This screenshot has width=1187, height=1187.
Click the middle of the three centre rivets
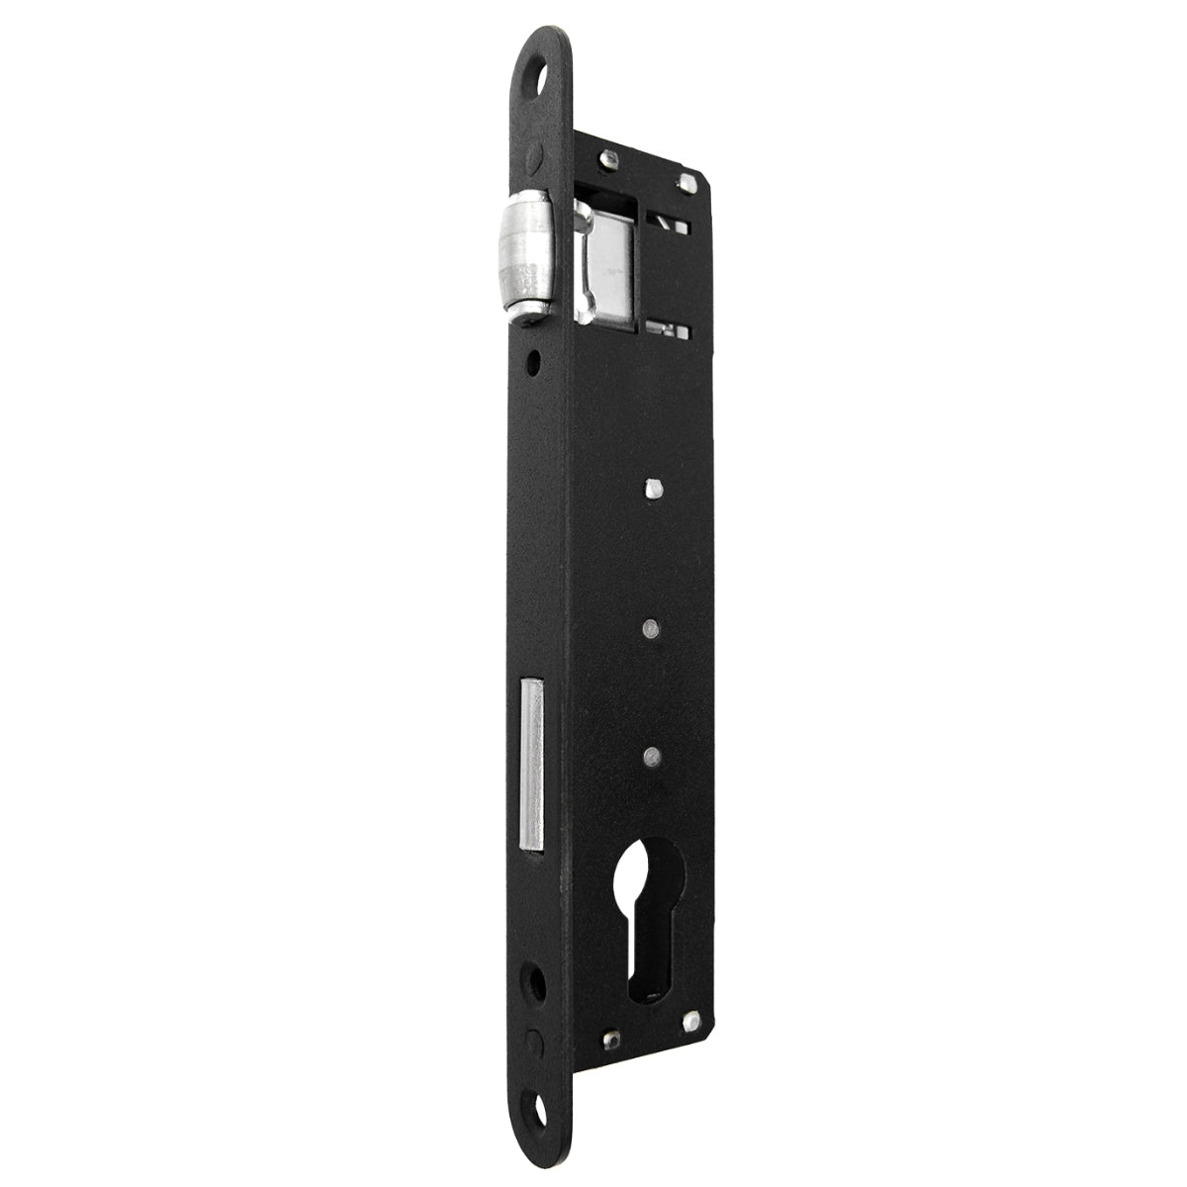[x=650, y=627]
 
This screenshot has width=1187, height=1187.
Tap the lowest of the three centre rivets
[x=650, y=755]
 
